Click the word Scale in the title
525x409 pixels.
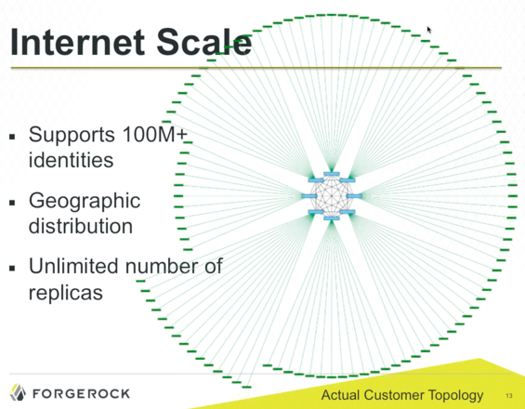pyautogui.click(x=205, y=43)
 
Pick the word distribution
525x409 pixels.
pyautogui.click(x=81, y=225)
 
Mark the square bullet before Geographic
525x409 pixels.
pyautogui.click(x=12, y=202)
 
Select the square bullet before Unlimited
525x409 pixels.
pyautogui.click(x=12, y=268)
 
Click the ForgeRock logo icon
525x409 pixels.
pyautogui.click(x=19, y=390)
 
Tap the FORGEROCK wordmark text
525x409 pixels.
pyautogui.click(x=84, y=391)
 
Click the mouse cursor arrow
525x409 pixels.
pyautogui.click(x=429, y=30)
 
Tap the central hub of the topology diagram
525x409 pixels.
pyautogui.click(x=333, y=196)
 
